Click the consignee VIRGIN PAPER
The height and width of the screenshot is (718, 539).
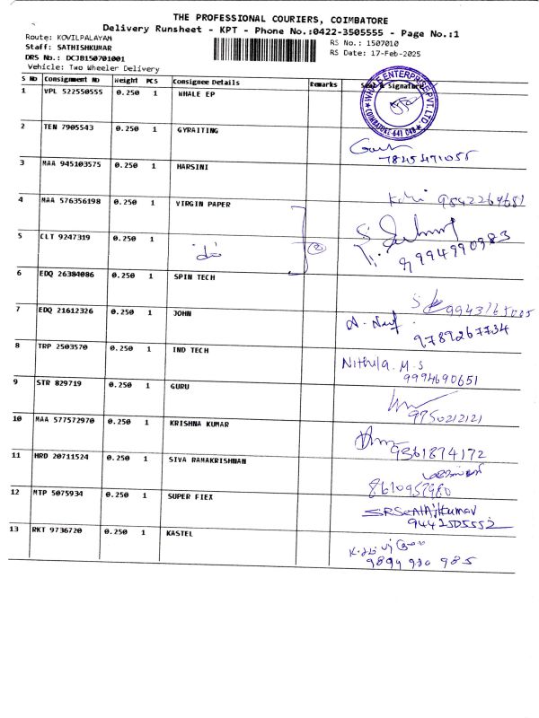tap(202, 204)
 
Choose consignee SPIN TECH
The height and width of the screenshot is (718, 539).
tap(195, 277)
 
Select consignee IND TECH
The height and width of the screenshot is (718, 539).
tap(191, 349)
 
